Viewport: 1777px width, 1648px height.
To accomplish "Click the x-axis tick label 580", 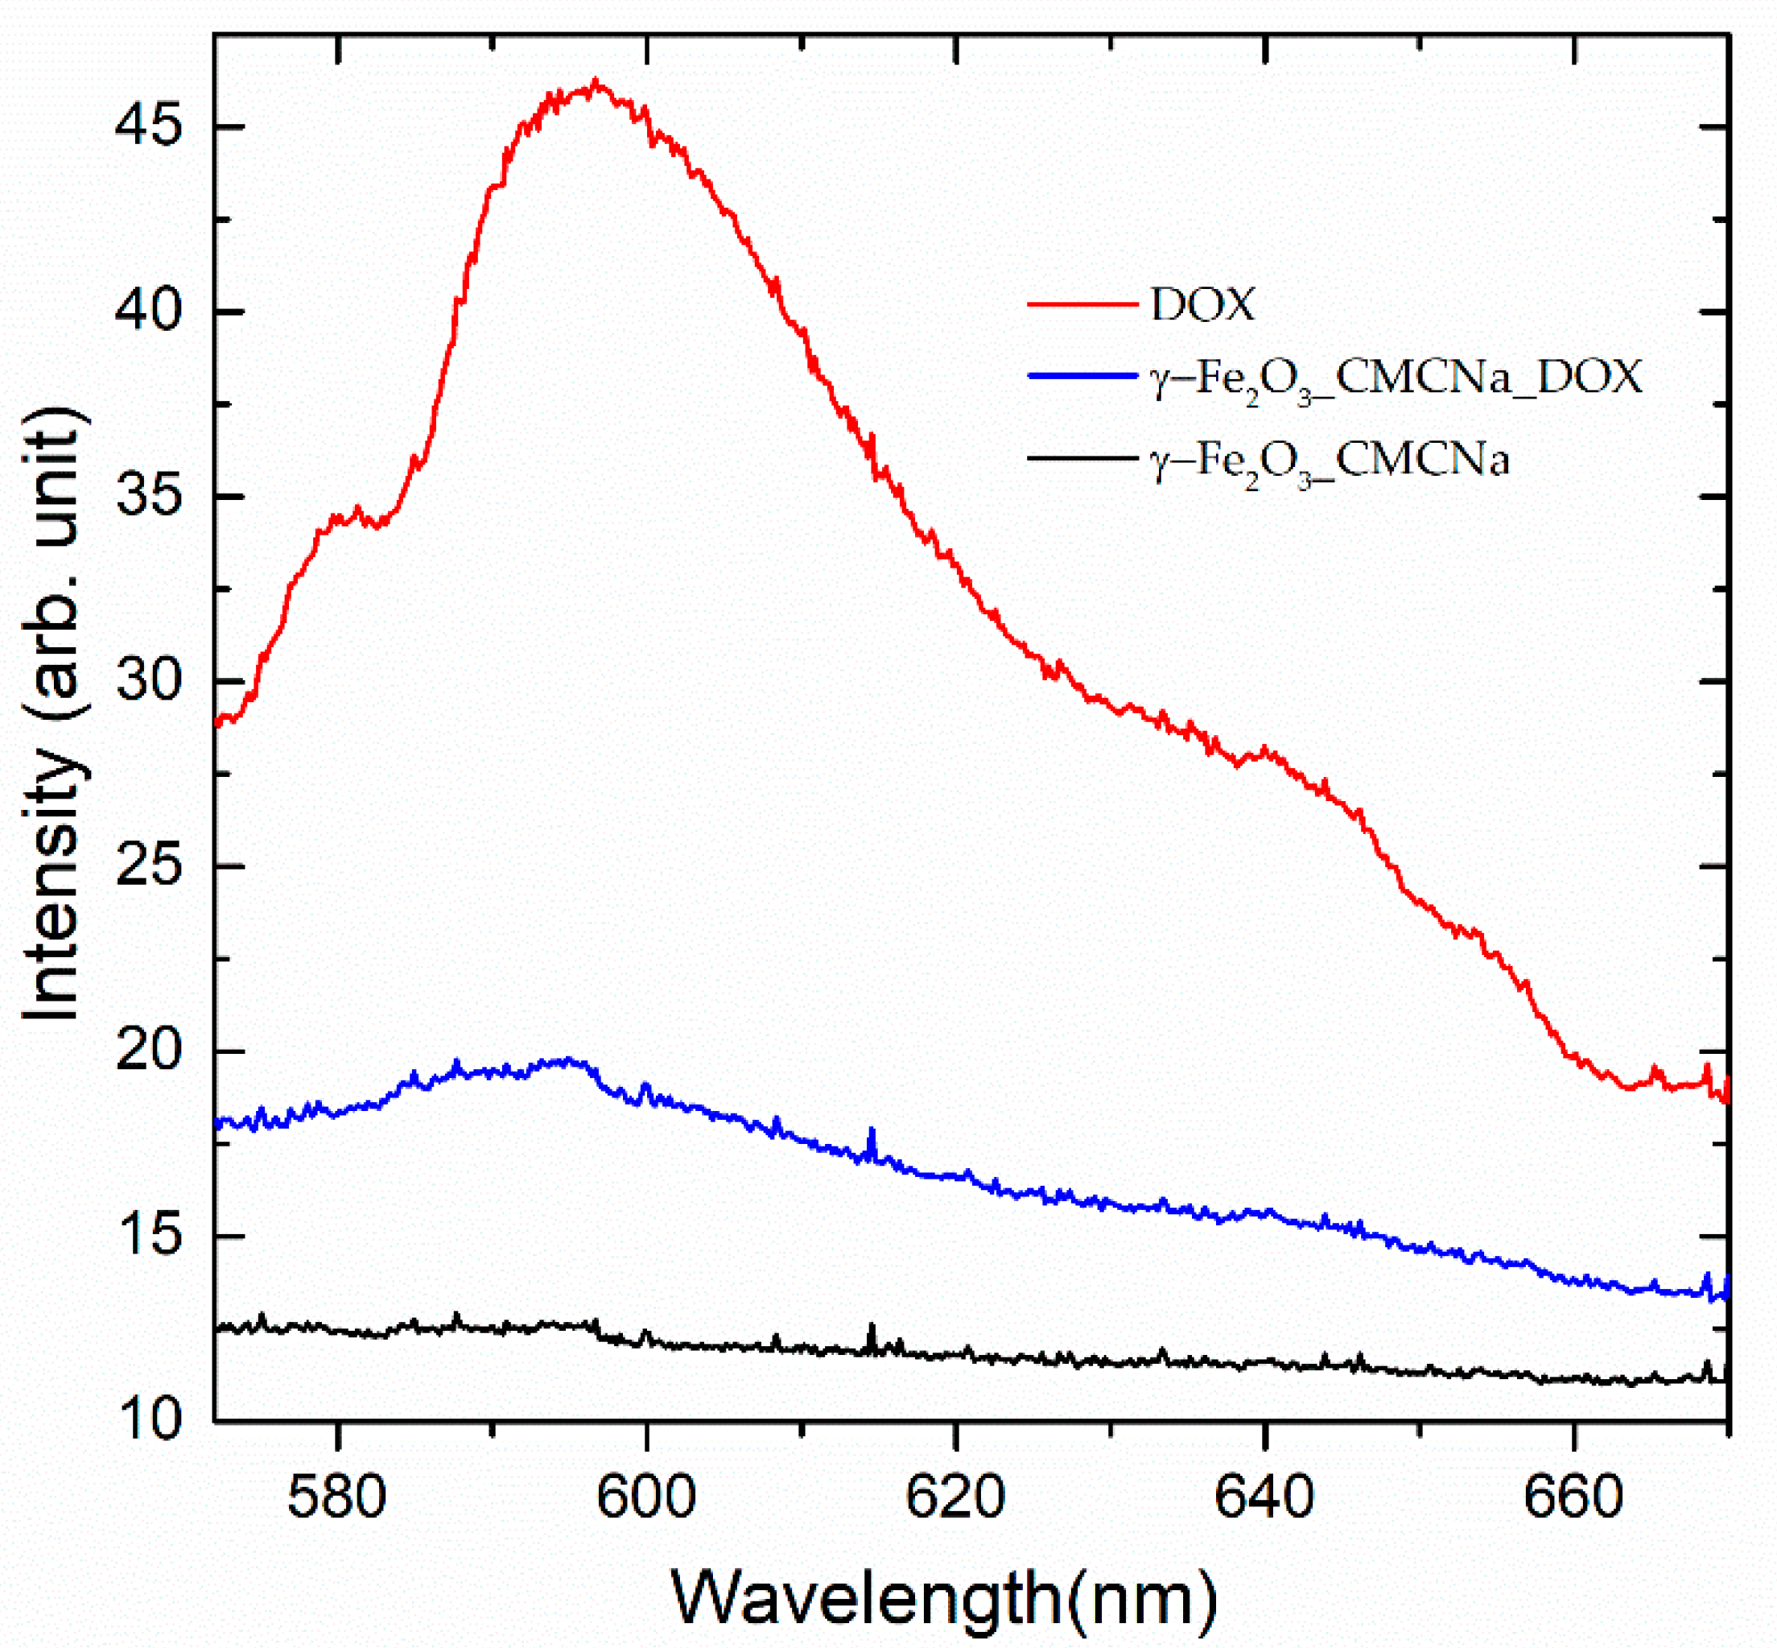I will [x=337, y=1497].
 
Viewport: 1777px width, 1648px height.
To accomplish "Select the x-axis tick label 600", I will [x=645, y=1497].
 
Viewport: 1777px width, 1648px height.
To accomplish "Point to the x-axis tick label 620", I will [x=955, y=1497].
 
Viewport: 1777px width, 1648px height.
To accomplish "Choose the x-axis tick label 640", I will [x=1264, y=1497].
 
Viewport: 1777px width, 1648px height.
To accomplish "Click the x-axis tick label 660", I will [x=1573, y=1497].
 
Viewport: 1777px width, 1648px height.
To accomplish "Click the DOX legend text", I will [x=1202, y=305].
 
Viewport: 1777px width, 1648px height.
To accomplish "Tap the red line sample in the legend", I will [x=1082, y=305].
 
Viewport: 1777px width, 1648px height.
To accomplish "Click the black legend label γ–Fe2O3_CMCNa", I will [x=1329, y=462].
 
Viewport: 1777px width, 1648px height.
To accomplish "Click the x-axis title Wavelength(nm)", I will [x=943, y=1596].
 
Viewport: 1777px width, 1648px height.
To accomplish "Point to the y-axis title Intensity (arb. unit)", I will [x=53, y=713].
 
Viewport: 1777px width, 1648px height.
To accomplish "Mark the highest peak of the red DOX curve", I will [x=596, y=84].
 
